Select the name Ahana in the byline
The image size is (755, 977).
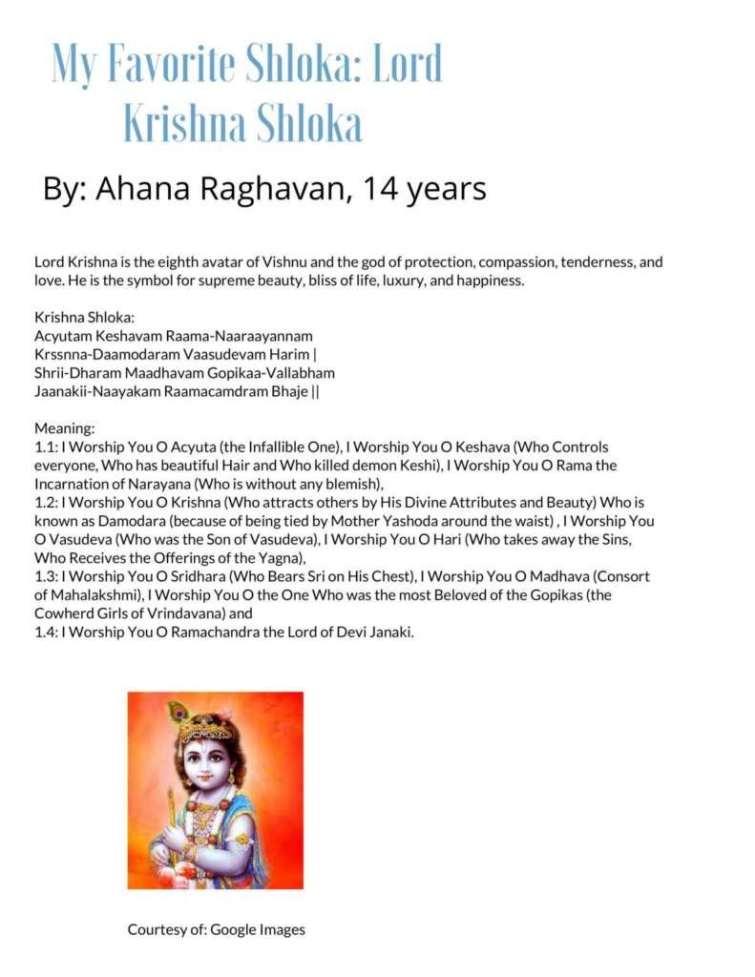tap(142, 188)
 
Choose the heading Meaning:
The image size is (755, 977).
tap(64, 428)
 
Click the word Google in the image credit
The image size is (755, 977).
tap(234, 928)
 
